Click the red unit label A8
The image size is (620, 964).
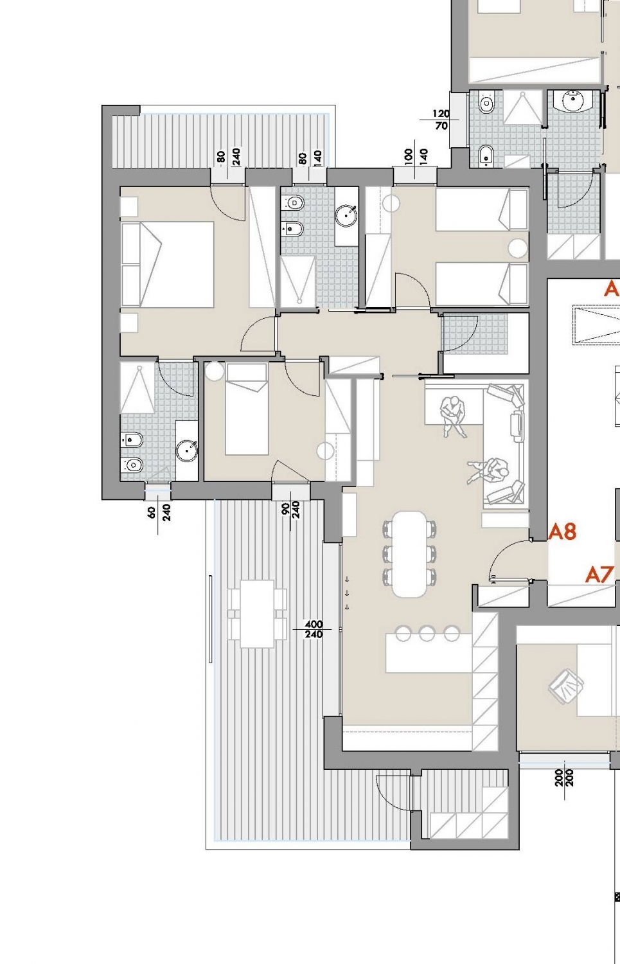coord(562,532)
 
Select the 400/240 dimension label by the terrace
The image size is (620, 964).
coord(314,629)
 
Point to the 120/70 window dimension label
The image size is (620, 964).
coord(441,120)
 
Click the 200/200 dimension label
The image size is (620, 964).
coord(564,778)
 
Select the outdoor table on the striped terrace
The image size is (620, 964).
coord(257,614)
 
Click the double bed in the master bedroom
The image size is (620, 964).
coord(168,264)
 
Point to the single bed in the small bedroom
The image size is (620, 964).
coord(247,409)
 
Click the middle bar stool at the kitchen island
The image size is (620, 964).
coord(427,633)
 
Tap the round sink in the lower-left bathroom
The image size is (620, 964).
coord(187,451)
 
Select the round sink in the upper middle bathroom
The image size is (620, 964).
coord(346,215)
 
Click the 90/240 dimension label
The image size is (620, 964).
coord(290,510)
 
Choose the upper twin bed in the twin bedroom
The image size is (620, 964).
coord(482,210)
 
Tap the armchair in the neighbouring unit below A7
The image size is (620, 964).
coord(566,686)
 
